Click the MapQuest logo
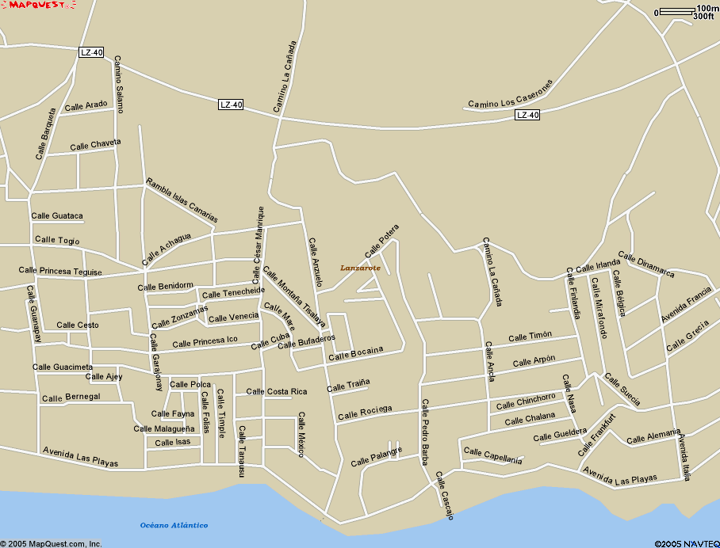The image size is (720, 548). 38,6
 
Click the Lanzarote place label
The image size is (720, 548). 360,268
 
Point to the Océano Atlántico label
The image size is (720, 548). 174,525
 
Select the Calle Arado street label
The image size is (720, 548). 86,106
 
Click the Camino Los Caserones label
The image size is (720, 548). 510,93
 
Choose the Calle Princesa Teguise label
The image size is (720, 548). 60,271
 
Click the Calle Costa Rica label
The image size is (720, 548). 276,391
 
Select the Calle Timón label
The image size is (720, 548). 530,337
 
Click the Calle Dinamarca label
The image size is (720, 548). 646,265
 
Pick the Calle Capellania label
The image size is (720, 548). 493,456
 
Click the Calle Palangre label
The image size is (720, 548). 377,456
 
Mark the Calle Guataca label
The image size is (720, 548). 57,215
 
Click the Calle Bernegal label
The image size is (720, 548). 71,397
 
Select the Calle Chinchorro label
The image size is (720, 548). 526,402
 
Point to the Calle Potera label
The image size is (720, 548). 382,241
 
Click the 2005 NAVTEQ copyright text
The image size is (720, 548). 687,543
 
